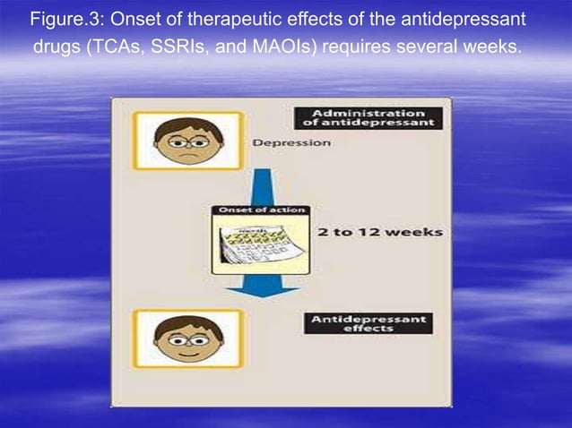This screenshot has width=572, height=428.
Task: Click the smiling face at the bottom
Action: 187,338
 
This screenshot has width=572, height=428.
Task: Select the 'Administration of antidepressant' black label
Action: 369,118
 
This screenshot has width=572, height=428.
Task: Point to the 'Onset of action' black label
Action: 259,210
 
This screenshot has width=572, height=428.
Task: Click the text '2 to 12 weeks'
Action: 380,231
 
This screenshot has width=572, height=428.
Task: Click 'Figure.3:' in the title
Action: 65,19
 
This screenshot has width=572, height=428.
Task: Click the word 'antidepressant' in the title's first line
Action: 465,19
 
